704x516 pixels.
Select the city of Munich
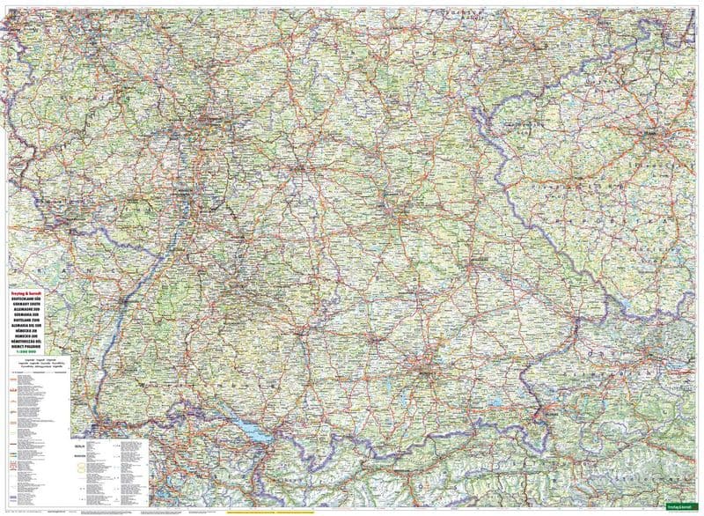click(422, 370)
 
